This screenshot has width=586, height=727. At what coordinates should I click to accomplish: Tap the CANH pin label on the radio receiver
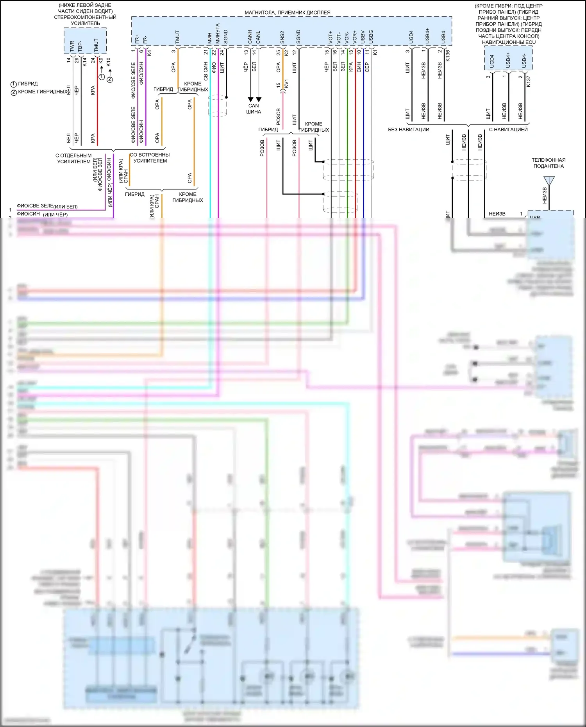coord(250,37)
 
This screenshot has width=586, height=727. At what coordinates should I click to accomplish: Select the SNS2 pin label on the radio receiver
coord(282,37)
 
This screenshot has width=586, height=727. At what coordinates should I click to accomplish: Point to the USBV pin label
coord(363,37)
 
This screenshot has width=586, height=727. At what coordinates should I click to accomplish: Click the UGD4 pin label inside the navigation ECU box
coord(492,61)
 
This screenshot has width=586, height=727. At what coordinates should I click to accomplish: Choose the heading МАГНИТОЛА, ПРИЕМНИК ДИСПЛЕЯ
coord(288,13)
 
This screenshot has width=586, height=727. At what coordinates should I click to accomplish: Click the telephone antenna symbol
coord(548,181)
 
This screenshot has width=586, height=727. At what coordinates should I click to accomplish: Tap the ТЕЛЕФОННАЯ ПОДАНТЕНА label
coord(548,163)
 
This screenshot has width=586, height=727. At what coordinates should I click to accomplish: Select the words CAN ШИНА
coord(254,109)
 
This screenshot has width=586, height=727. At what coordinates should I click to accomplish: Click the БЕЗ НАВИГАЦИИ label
coord(409,130)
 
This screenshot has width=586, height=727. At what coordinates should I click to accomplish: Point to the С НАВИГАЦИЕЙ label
coord(508,130)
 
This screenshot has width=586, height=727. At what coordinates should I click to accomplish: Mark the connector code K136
coord(448,55)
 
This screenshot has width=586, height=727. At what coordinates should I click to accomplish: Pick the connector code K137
coord(529,81)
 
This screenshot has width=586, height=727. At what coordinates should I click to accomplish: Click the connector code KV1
coord(286,84)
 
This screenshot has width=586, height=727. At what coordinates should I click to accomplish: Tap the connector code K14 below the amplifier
coord(84,62)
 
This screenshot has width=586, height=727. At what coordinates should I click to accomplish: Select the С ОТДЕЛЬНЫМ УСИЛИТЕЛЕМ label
coord(73,158)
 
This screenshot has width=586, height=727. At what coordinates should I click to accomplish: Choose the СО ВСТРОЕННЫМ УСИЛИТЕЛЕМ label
coord(150,157)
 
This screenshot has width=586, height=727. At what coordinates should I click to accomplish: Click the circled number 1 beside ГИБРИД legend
coord(14,84)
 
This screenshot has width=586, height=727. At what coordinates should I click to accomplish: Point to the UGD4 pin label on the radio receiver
coord(411,37)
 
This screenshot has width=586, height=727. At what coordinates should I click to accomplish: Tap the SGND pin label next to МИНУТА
coord(226,37)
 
